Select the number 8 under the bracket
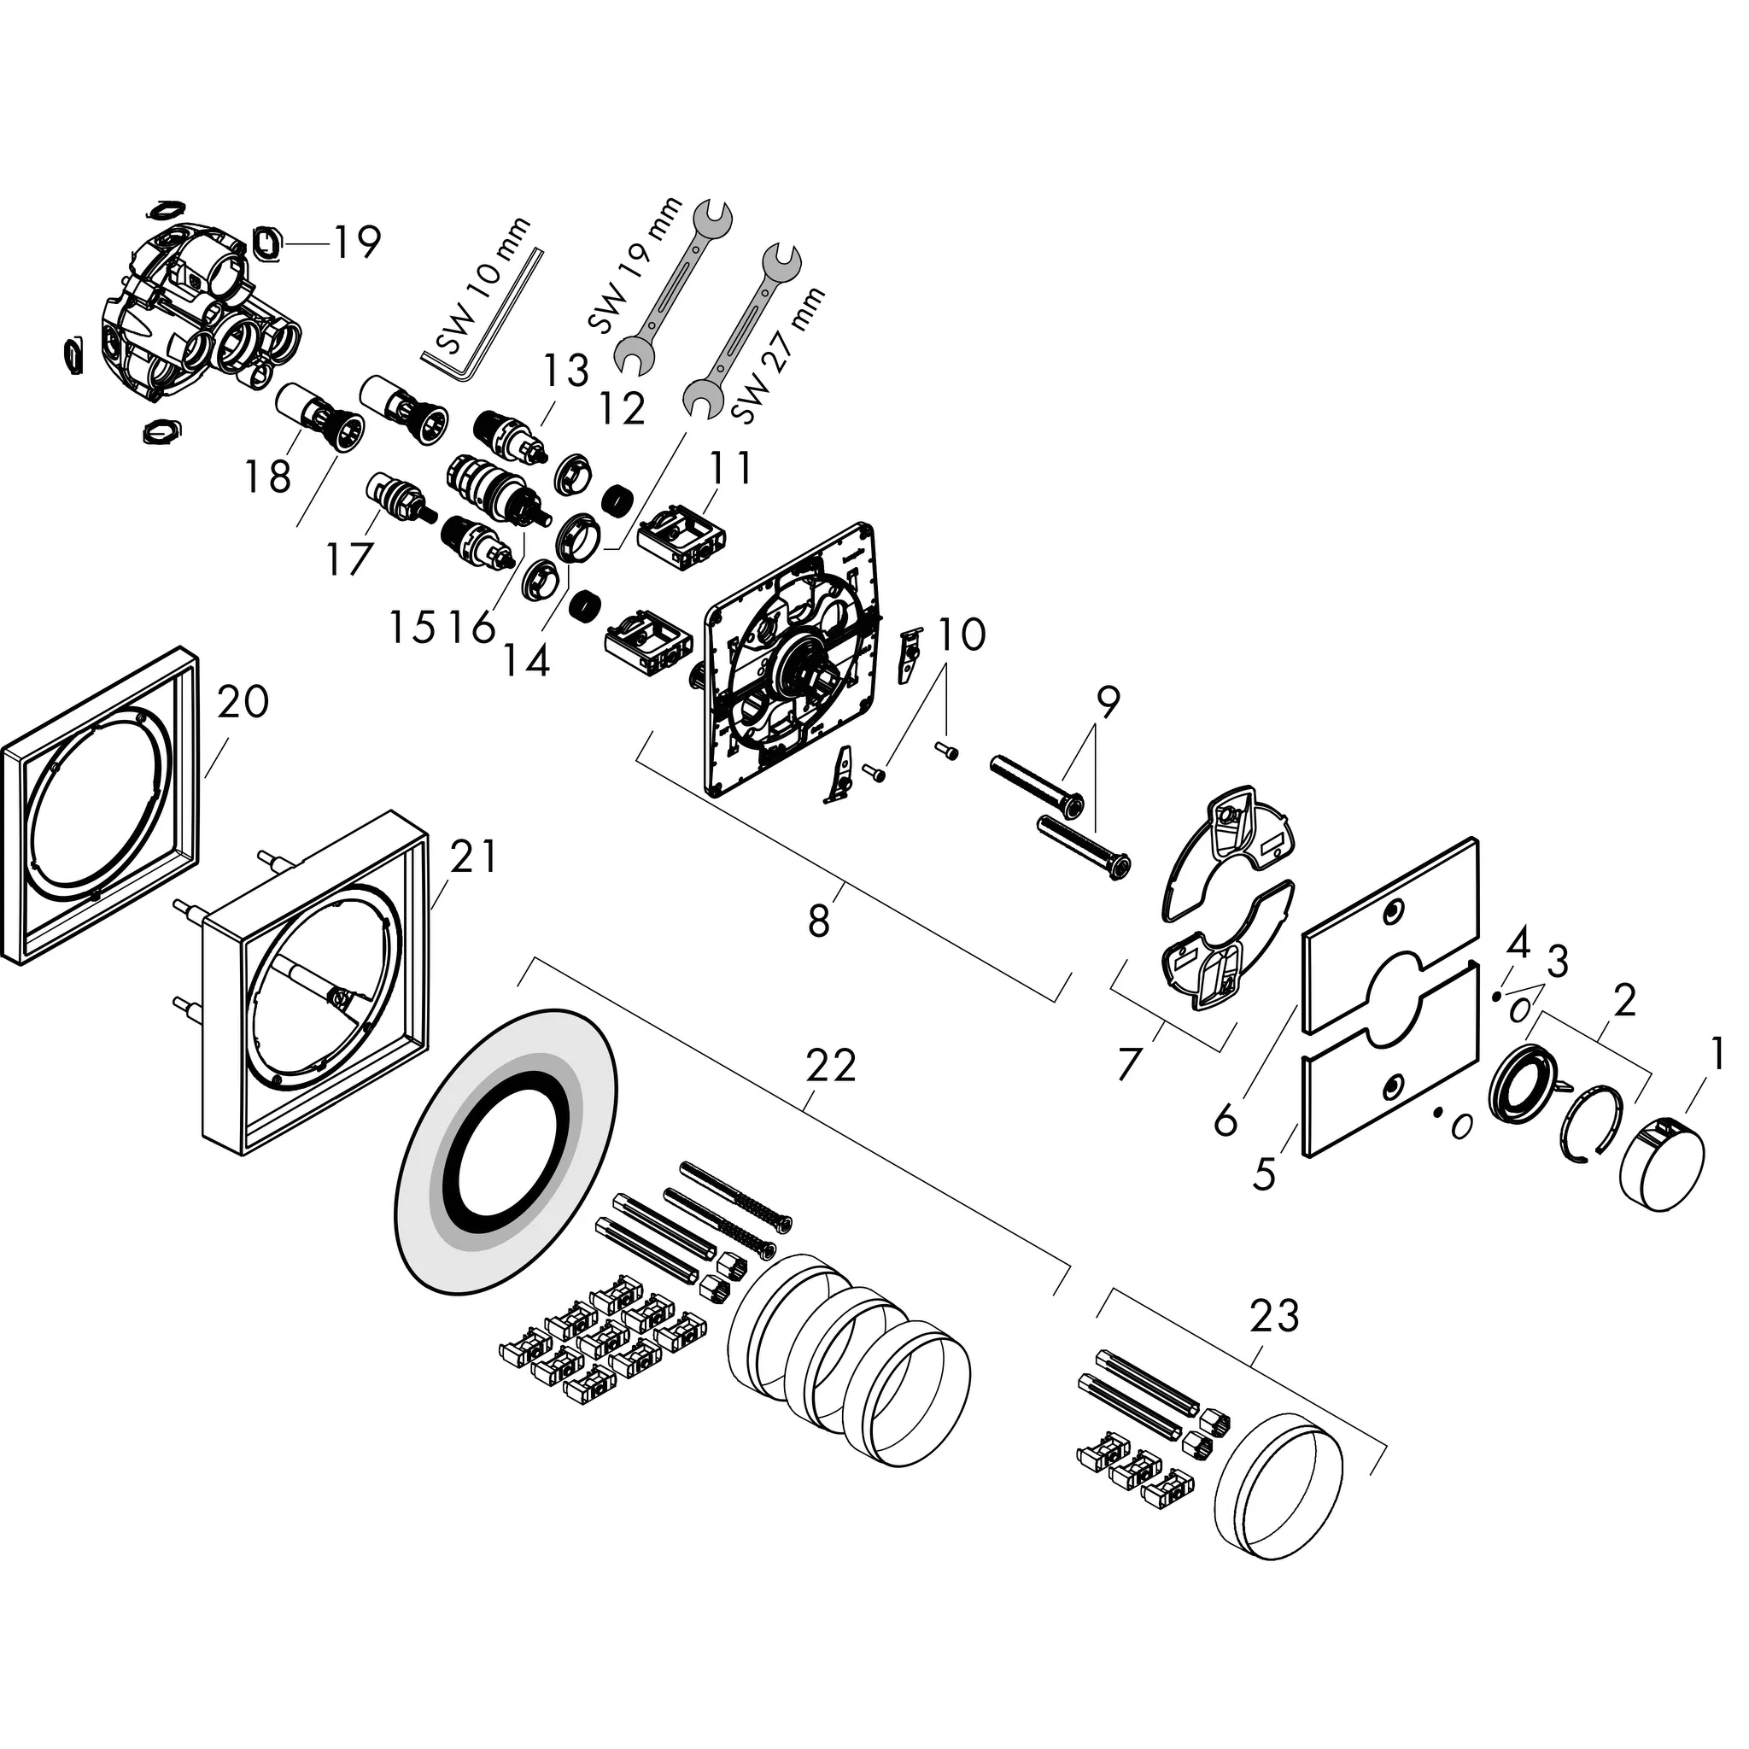tap(818, 922)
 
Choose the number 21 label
tap(473, 856)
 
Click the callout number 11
tap(729, 468)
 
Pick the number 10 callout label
tap(961, 635)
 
